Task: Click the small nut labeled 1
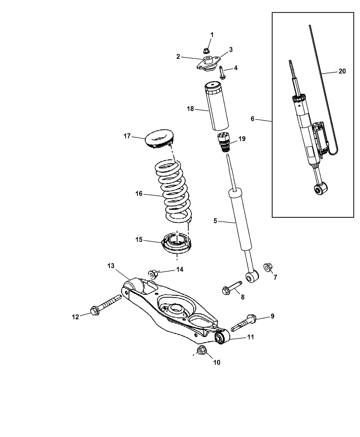[206, 50]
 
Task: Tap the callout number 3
[231, 50]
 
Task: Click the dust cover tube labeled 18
[216, 107]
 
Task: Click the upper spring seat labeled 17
[160, 139]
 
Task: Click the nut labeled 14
[153, 275]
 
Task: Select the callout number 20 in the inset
[342, 71]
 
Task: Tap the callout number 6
[252, 119]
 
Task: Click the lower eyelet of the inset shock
[321, 189]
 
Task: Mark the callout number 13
[111, 266]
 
